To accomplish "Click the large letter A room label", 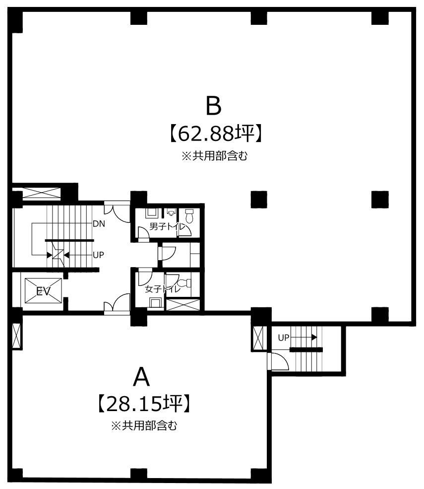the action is pos(141,377).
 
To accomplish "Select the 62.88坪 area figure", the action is pos(215,134).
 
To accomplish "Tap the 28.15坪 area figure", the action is pos(144,404).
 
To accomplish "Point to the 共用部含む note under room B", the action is pos(215,156).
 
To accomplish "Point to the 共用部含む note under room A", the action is pos(144,425).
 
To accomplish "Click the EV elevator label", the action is pos(43,291).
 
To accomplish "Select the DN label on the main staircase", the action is pos(99,223).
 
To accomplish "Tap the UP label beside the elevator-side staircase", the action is pos(98,255).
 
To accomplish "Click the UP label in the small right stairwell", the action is pos(284,338).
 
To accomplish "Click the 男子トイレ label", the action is pos(167,226).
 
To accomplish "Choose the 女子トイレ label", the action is pos(163,289).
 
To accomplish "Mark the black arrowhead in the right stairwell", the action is pos(314,338).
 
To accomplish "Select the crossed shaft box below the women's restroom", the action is pos(183,305).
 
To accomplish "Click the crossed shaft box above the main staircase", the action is pos(41,193).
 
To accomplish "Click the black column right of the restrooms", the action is pos(259,200).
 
